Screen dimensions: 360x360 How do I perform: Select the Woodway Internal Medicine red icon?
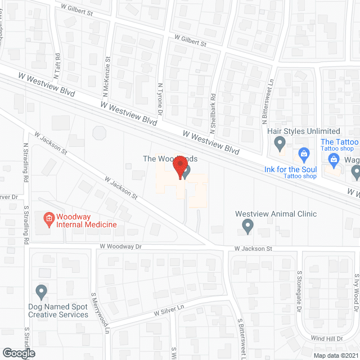49,218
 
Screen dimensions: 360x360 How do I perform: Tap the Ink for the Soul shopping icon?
304,153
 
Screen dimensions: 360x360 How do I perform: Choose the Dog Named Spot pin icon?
41,291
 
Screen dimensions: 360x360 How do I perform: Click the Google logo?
18,353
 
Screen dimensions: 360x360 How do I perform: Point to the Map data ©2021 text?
335,355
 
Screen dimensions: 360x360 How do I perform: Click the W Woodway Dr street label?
121,246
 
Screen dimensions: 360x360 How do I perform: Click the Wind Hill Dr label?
327,339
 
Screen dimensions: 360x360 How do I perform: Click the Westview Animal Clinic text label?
276,214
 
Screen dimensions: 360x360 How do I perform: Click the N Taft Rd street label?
57,66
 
